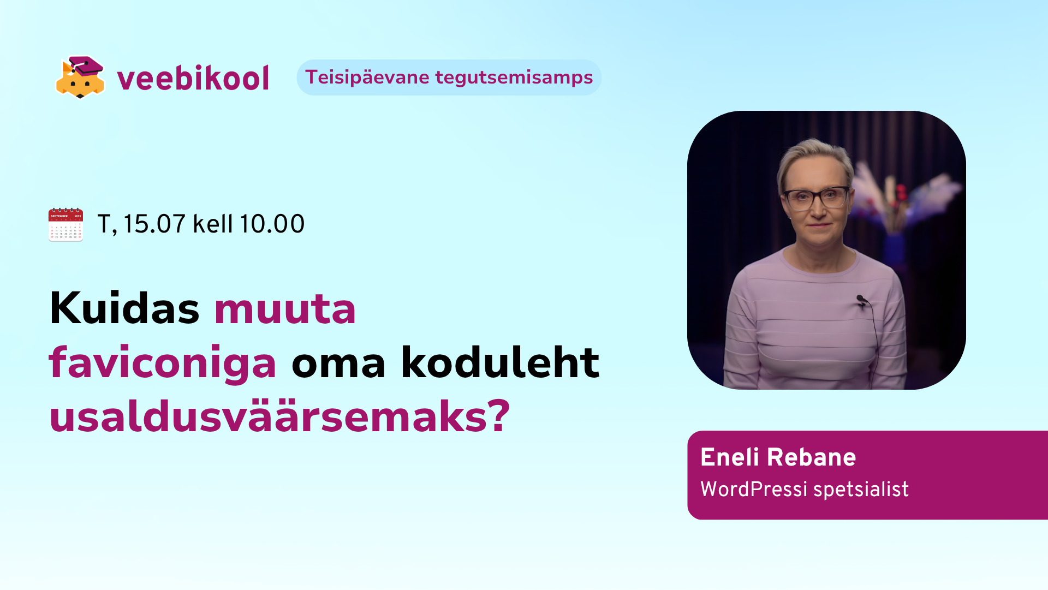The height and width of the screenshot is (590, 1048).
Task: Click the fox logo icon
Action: click(80, 78)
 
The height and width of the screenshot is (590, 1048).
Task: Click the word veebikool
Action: click(193, 78)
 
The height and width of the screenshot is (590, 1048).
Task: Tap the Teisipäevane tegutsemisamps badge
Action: click(449, 78)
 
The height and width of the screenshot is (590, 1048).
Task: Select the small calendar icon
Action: click(65, 224)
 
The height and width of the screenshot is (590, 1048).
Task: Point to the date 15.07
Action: click(154, 224)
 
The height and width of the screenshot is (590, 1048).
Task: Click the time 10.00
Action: click(272, 224)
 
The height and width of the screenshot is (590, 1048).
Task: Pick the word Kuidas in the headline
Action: click(124, 308)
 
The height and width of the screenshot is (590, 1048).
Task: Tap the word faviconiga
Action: click(163, 363)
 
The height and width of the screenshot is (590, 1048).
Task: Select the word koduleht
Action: click(500, 362)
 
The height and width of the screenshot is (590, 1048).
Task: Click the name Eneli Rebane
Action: click(778, 457)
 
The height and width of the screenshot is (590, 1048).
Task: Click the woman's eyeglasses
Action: click(816, 197)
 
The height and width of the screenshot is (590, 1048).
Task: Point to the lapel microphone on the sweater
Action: click(861, 300)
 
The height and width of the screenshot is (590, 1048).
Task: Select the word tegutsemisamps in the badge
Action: click(514, 78)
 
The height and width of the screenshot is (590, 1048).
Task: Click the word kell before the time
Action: click(213, 224)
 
